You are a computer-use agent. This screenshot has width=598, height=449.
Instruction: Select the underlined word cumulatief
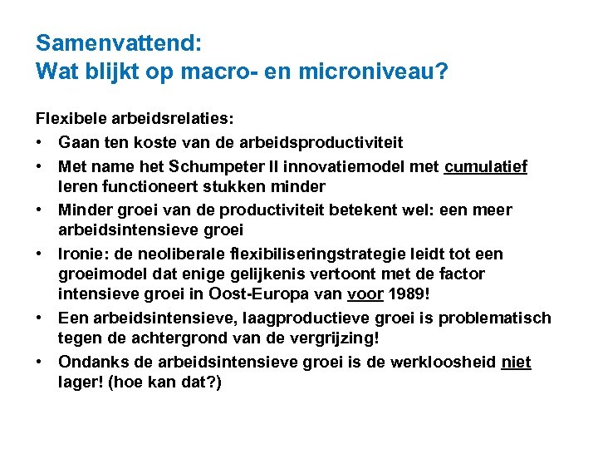pyautogui.click(x=486, y=166)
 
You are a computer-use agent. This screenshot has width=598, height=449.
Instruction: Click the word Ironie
pyautogui.click(x=81, y=253)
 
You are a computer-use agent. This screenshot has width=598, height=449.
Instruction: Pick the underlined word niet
pyautogui.click(x=517, y=361)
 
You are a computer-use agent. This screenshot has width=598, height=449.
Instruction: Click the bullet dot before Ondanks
pyautogui.click(x=41, y=361)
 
